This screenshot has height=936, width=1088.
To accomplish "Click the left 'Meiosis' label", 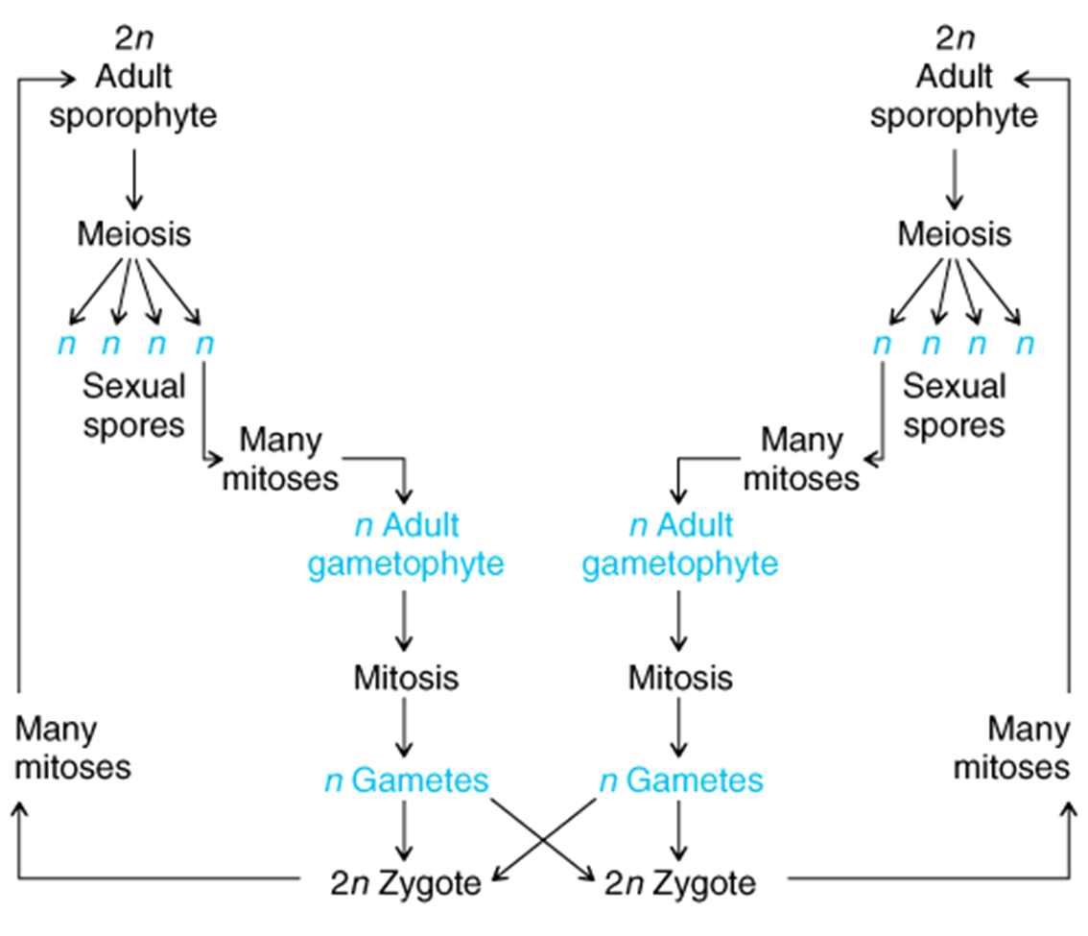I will coord(133,233).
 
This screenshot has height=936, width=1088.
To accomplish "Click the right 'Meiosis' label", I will coord(954,233).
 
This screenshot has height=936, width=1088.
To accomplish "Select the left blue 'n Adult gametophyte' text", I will coord(405,544).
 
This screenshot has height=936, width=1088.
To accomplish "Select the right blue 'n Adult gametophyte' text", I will coord(680,544).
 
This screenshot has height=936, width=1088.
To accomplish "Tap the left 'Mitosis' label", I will coord(406,678).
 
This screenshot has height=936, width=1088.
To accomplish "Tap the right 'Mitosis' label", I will coord(680,678).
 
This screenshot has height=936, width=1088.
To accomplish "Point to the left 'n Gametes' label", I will coord(406,780).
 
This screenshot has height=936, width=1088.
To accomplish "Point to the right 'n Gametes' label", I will coord(680,780).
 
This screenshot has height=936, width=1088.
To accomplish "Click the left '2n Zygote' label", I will coord(406,882).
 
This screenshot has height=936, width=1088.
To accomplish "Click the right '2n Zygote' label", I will coord(680,882).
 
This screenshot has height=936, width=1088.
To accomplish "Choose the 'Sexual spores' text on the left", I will coord(133,406).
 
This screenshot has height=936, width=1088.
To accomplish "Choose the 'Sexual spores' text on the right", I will coord(954,406).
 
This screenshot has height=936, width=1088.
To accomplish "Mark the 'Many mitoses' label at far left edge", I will coord(72,749).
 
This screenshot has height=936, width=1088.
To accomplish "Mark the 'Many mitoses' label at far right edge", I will coord(1014,749).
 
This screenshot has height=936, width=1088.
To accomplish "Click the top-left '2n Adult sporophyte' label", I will coord(133,80).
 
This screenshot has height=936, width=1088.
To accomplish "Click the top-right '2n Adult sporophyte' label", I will coord(954,80).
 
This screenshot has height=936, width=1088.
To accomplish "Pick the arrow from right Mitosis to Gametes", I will coord(680,730).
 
